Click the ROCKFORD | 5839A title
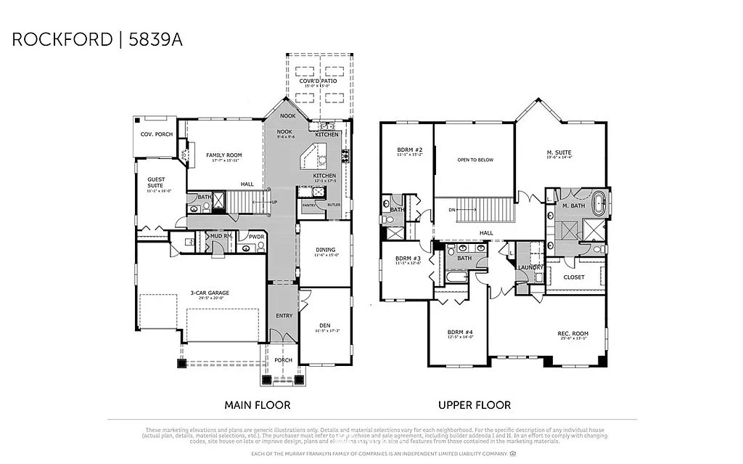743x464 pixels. [97, 39]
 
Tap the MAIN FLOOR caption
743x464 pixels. [258, 405]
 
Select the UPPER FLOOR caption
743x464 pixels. [475, 405]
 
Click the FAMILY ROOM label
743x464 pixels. [223, 155]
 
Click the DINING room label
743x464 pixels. [325, 250]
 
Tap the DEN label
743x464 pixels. [325, 326]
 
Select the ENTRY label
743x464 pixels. [284, 316]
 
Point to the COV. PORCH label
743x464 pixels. [156, 134]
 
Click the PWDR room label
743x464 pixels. [255, 236]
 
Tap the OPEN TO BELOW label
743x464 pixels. [475, 160]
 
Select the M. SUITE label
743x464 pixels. [559, 152]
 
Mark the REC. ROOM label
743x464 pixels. [573, 334]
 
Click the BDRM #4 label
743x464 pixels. [461, 333]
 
